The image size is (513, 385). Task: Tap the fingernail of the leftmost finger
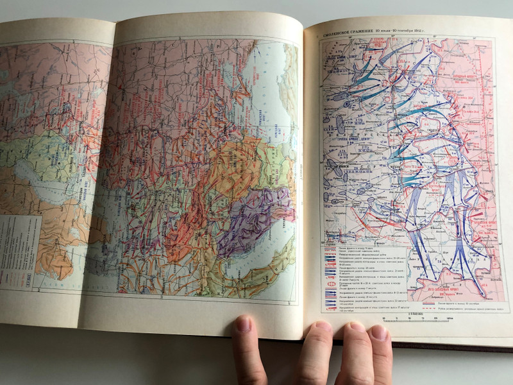[243, 325]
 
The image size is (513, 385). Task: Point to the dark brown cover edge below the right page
[449, 348]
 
